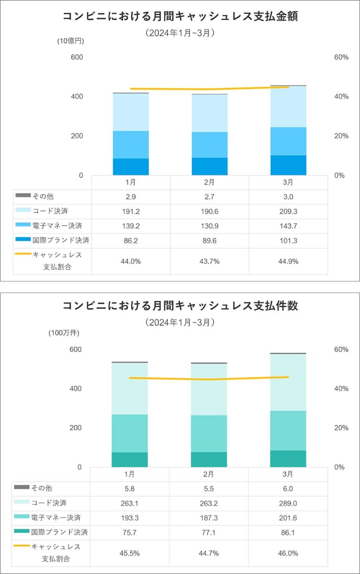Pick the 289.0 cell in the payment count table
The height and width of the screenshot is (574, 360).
click(288, 503)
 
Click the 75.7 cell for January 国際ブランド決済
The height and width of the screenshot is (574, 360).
click(131, 532)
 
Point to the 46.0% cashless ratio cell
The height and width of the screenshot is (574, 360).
click(288, 553)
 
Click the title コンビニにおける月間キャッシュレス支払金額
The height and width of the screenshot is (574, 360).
click(180, 17)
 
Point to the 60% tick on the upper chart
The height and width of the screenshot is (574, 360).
click(340, 57)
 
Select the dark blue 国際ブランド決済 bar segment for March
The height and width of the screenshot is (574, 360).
click(288, 165)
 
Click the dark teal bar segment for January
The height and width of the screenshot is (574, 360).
click(130, 459)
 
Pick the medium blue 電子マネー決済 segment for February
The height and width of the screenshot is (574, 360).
click(209, 144)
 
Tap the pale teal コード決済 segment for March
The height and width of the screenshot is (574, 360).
click(288, 382)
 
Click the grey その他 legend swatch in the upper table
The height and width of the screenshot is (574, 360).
click(22, 196)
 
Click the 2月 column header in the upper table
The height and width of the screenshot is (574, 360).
click(209, 182)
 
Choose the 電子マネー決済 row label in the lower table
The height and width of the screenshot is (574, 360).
click(56, 518)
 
